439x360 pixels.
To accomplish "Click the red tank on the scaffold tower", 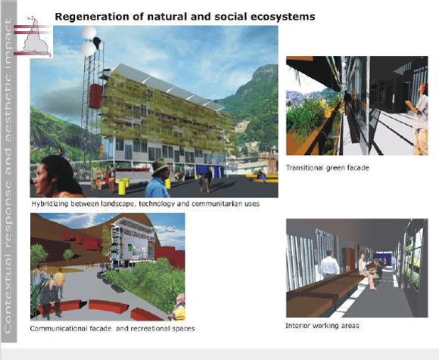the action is [96, 96].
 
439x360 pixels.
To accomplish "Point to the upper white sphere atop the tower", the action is [89, 33].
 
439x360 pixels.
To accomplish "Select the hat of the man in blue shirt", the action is [160, 166].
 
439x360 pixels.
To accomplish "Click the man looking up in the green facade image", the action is [419, 119].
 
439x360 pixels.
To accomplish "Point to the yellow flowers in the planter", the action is [328, 107].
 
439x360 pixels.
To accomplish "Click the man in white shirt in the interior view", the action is [329, 265].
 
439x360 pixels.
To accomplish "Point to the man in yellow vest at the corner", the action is [178, 308].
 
